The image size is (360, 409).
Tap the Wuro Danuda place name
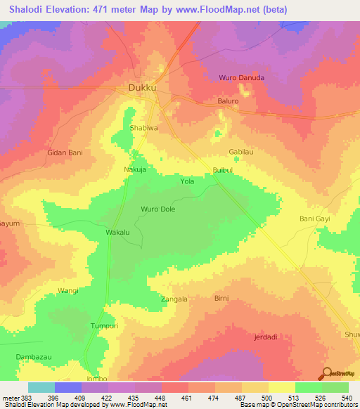[x=242, y=78]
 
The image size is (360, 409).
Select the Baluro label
[x=228, y=101]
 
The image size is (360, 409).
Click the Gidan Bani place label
[x=65, y=152]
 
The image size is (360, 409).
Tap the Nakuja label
[x=135, y=170]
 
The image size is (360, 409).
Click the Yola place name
[x=187, y=181]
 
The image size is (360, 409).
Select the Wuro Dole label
[x=158, y=209]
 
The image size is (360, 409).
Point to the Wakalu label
[x=117, y=232]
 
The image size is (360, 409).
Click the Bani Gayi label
[x=314, y=219]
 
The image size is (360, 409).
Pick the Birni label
[x=221, y=298]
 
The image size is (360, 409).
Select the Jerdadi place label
[x=265, y=337]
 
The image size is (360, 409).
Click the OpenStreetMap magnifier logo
[x=327, y=373]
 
